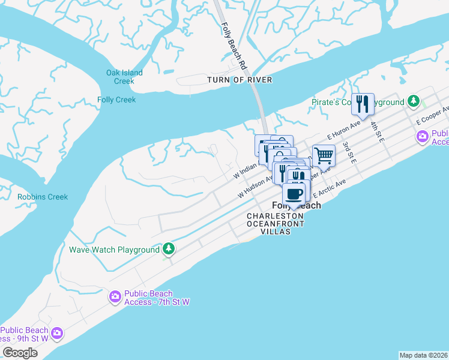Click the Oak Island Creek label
pyautogui.click(x=124, y=77)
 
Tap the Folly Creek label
pyautogui.click(x=116, y=100)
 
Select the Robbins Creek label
pyautogui.click(x=43, y=197)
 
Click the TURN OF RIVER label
pyautogui.click(x=240, y=80)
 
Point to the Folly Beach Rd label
pyautogui.click(x=234, y=45)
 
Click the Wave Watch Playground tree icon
pyautogui.click(x=169, y=249)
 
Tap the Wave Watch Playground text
pyautogui.click(x=114, y=250)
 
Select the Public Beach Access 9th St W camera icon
pyautogui.click(x=57, y=332)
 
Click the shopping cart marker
pyautogui.click(x=324, y=156)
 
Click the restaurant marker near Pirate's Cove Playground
pyautogui.click(x=363, y=104)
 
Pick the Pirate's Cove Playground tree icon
pyautogui.click(x=414, y=101)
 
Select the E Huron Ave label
pyautogui.click(x=343, y=129)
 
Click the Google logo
pyautogui.click(x=20, y=353)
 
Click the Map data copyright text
pyautogui.click(x=423, y=355)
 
